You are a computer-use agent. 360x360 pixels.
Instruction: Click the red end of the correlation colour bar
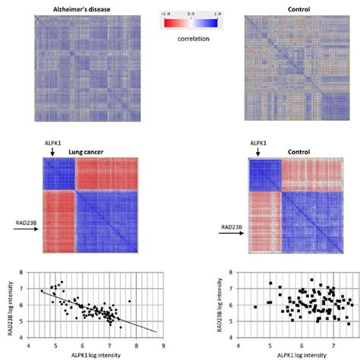pos(169,22)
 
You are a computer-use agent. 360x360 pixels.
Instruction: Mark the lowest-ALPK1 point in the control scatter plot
pos(255,307)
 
